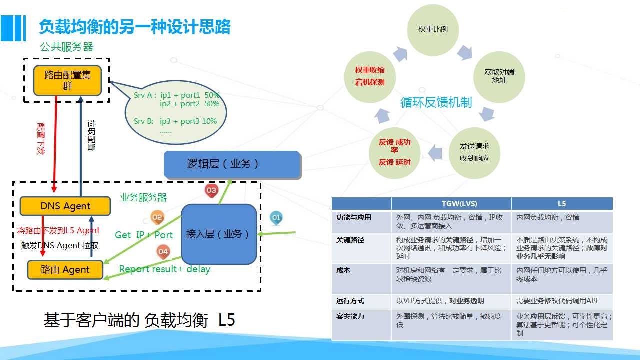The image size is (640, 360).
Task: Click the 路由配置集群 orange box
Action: (67, 81)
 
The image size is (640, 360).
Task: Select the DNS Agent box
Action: (65, 206)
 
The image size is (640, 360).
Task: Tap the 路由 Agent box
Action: (65, 270)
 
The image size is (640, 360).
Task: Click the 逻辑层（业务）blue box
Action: (232, 164)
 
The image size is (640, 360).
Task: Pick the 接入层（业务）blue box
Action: (219, 234)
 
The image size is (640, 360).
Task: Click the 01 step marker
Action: (276, 218)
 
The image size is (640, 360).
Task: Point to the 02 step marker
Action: (157, 217)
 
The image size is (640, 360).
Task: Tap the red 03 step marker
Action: (211, 190)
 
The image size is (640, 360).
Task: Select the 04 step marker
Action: (163, 252)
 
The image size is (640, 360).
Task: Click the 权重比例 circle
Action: (433, 29)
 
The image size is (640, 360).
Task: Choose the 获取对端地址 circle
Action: (499, 77)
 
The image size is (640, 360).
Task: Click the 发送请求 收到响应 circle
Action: (474, 153)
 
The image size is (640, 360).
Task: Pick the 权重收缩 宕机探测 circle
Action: (370, 77)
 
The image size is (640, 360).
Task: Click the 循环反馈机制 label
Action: (436, 103)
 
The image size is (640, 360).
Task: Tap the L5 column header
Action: (562, 204)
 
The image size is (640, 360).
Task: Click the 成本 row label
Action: (343, 270)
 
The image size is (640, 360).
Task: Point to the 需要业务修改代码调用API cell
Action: (557, 301)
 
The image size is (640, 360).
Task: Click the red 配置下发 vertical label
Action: (41, 138)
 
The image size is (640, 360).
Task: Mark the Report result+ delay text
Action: (164, 269)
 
